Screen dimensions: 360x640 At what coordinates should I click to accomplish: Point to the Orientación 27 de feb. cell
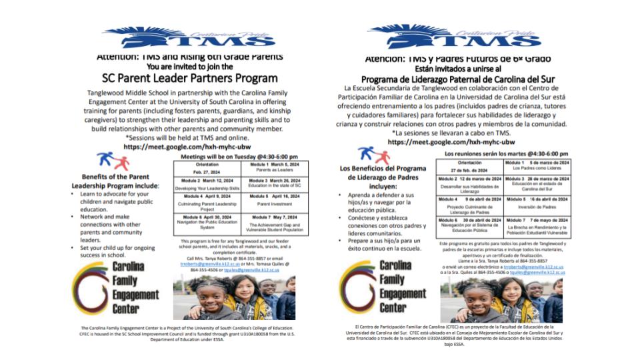[x=469, y=167]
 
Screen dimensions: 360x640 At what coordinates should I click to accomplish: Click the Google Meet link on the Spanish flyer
[x=451, y=142]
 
